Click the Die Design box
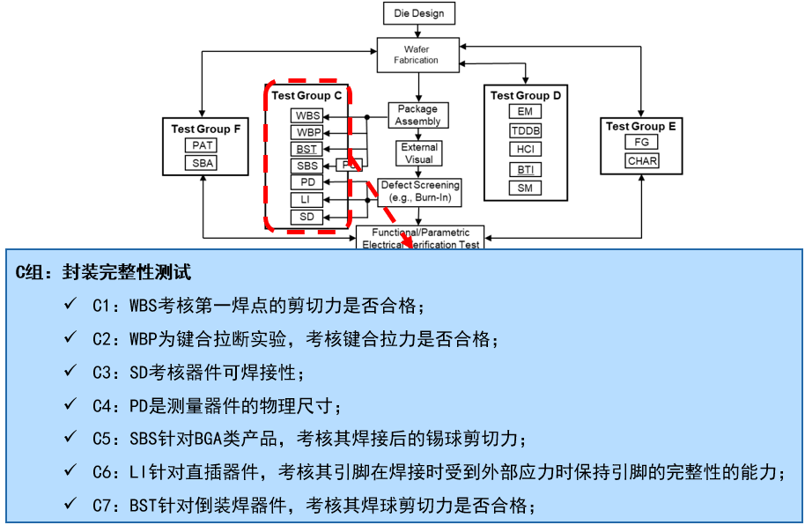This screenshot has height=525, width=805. tap(419, 13)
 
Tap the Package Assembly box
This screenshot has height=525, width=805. tap(417, 115)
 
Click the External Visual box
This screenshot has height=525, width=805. tap(418, 153)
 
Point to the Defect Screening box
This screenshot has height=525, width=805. tap(419, 191)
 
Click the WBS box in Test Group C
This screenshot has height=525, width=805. tap(307, 115)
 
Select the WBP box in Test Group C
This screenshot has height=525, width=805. tap(307, 132)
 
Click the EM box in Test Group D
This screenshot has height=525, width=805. tap(525, 112)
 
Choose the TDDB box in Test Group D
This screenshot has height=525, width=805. tap(526, 131)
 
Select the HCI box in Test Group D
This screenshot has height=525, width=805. tap(525, 150)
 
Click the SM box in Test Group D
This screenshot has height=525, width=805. tap(525, 188)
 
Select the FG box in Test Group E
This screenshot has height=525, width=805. tap(641, 143)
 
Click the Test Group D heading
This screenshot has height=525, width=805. tap(526, 95)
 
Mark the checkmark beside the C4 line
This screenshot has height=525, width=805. tap(70, 404)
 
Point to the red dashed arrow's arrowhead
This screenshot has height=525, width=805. tap(407, 244)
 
